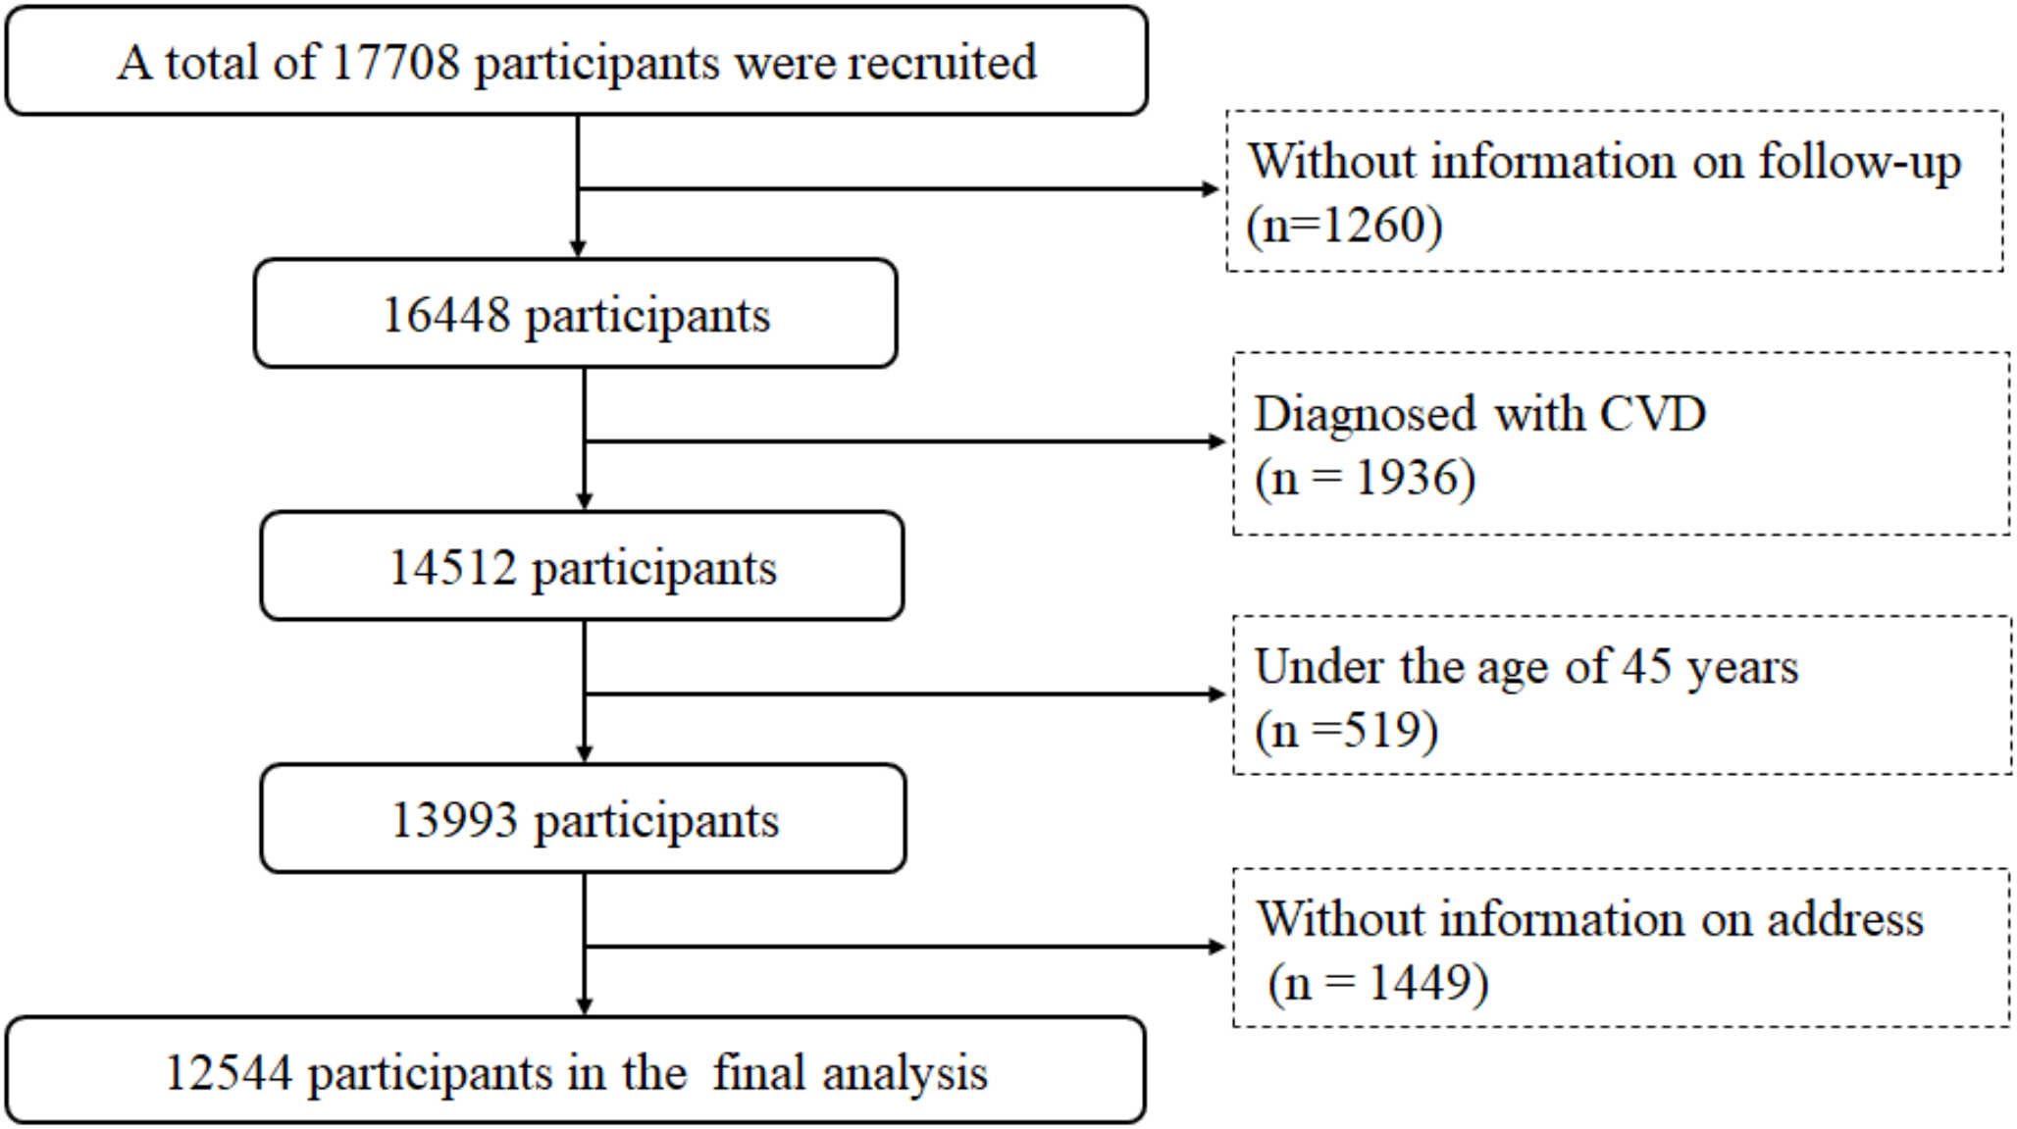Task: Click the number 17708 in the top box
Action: coord(395,63)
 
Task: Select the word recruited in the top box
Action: coord(942,63)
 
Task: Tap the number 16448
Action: coord(446,315)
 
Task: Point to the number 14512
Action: coord(452,567)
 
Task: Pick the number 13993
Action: coord(454,819)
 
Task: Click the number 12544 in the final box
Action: coord(229,1072)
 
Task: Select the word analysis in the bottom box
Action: coord(905,1073)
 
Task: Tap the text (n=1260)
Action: coord(1344,226)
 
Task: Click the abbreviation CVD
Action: coord(1653,414)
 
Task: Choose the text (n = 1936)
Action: coord(1365,479)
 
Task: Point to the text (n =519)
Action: coord(1346,731)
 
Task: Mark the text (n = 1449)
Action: coord(1377,983)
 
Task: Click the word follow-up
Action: coord(1859,162)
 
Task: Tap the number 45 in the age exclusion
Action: coord(1647,667)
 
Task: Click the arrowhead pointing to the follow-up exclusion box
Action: coord(1211,188)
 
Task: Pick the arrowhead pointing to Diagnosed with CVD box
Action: coord(1217,441)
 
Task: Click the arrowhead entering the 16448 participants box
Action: coord(578,250)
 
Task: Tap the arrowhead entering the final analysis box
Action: coord(585,1006)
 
